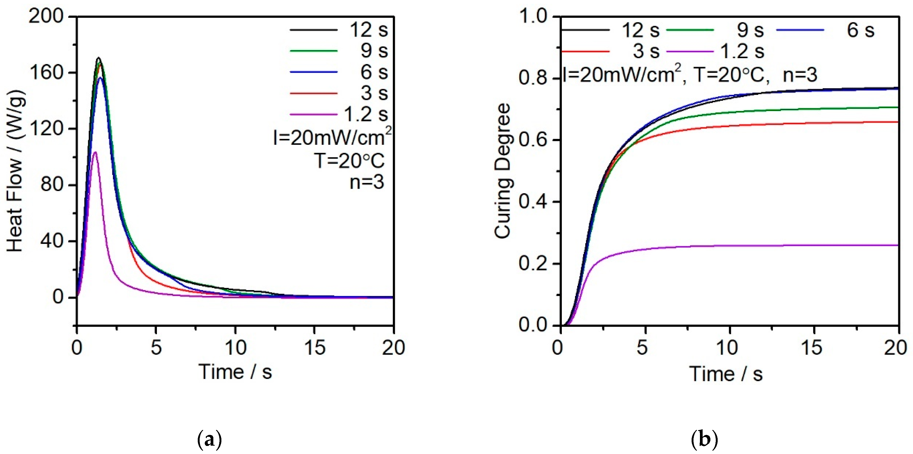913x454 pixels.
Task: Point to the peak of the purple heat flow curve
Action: [x=95, y=152]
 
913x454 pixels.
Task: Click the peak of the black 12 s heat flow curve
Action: [x=99, y=58]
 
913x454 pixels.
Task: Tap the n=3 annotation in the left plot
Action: [x=367, y=182]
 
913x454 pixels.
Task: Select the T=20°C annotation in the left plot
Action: [x=349, y=161]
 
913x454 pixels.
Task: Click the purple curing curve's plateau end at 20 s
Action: [x=898, y=245]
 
